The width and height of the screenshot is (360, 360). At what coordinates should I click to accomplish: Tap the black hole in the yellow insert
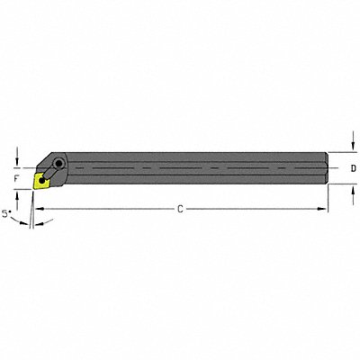(x=42, y=179)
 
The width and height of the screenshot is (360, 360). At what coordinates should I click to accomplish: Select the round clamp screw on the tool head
(x=58, y=165)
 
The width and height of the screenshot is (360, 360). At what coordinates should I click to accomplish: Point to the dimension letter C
(x=180, y=209)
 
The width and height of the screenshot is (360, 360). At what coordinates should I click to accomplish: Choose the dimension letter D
(x=353, y=168)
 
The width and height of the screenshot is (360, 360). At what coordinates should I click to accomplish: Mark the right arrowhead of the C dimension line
(x=324, y=209)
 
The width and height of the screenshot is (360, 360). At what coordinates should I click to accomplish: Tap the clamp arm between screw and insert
(x=49, y=172)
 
